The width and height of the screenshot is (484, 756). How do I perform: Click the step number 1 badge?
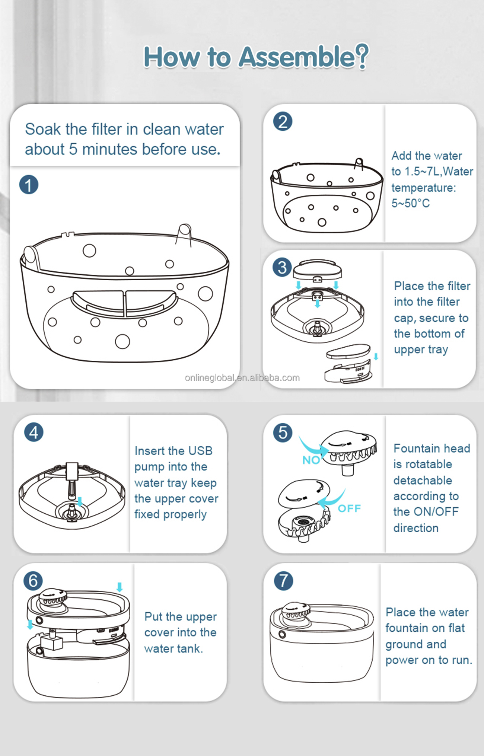point(29,185)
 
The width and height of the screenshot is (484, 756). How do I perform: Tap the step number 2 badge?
point(283,122)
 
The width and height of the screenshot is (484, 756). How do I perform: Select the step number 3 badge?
point(282,267)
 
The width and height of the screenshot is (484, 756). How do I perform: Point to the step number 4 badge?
point(34,433)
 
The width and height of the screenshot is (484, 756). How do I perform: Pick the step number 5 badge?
point(283,433)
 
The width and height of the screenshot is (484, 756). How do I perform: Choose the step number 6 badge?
point(33,581)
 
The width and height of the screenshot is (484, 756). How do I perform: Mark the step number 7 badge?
point(283,581)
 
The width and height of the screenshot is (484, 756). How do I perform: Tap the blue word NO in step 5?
point(311,460)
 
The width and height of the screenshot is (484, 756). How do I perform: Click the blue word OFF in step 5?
point(349,508)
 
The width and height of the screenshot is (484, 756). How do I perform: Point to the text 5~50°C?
point(411,203)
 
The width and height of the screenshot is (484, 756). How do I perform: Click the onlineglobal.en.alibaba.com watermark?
point(242,378)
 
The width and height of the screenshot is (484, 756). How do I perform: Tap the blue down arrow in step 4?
point(79,501)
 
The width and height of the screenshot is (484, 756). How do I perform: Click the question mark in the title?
point(362,56)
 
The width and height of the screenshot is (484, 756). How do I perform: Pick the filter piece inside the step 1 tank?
point(124,303)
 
